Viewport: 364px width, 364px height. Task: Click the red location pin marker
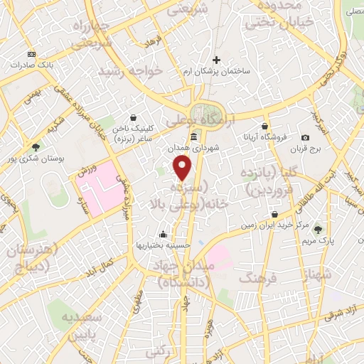(183, 168)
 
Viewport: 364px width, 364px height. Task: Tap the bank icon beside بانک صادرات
(31, 54)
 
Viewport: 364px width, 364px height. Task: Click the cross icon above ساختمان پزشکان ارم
(217, 60)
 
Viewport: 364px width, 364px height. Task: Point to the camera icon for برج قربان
(305, 137)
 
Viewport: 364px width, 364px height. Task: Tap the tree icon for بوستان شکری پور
(36, 146)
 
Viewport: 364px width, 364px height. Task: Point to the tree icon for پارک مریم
(318, 229)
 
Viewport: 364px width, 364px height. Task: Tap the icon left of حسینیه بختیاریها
(163, 234)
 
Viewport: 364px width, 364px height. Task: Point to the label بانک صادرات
(32, 65)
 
